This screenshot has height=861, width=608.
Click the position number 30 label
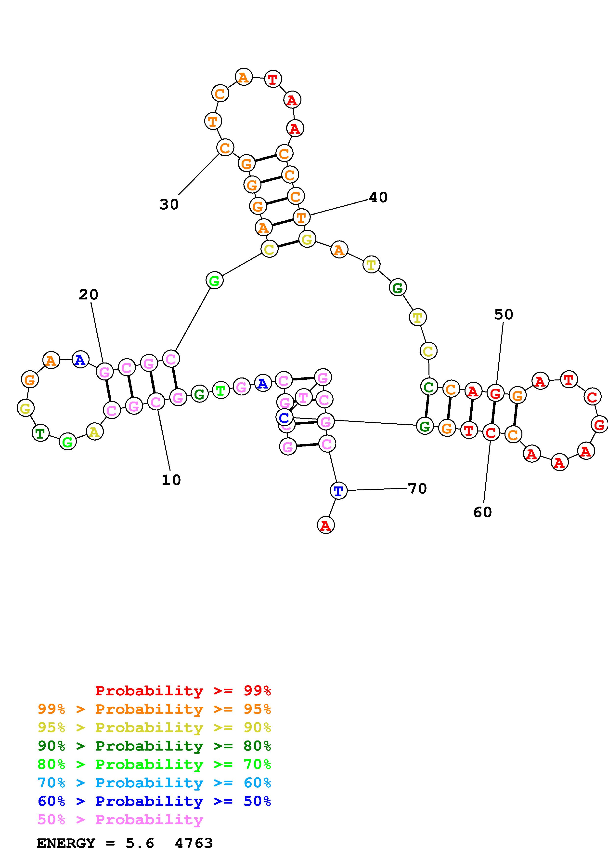(169, 205)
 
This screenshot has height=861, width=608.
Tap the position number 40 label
(378, 197)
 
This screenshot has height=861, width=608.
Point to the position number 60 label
(482, 512)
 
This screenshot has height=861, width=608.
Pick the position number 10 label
(171, 480)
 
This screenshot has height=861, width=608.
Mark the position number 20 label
(88, 295)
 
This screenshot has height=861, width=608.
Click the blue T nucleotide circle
(338, 491)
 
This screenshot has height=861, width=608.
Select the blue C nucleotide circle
(284, 417)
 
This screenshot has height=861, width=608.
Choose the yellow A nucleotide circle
(94, 432)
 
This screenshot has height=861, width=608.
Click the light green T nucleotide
(221, 390)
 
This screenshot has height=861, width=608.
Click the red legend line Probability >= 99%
(183, 690)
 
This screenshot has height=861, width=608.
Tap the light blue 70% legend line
(154, 783)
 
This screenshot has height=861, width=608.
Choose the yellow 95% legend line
(154, 727)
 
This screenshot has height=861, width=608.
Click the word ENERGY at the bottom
(66, 843)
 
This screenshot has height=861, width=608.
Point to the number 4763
(194, 843)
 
